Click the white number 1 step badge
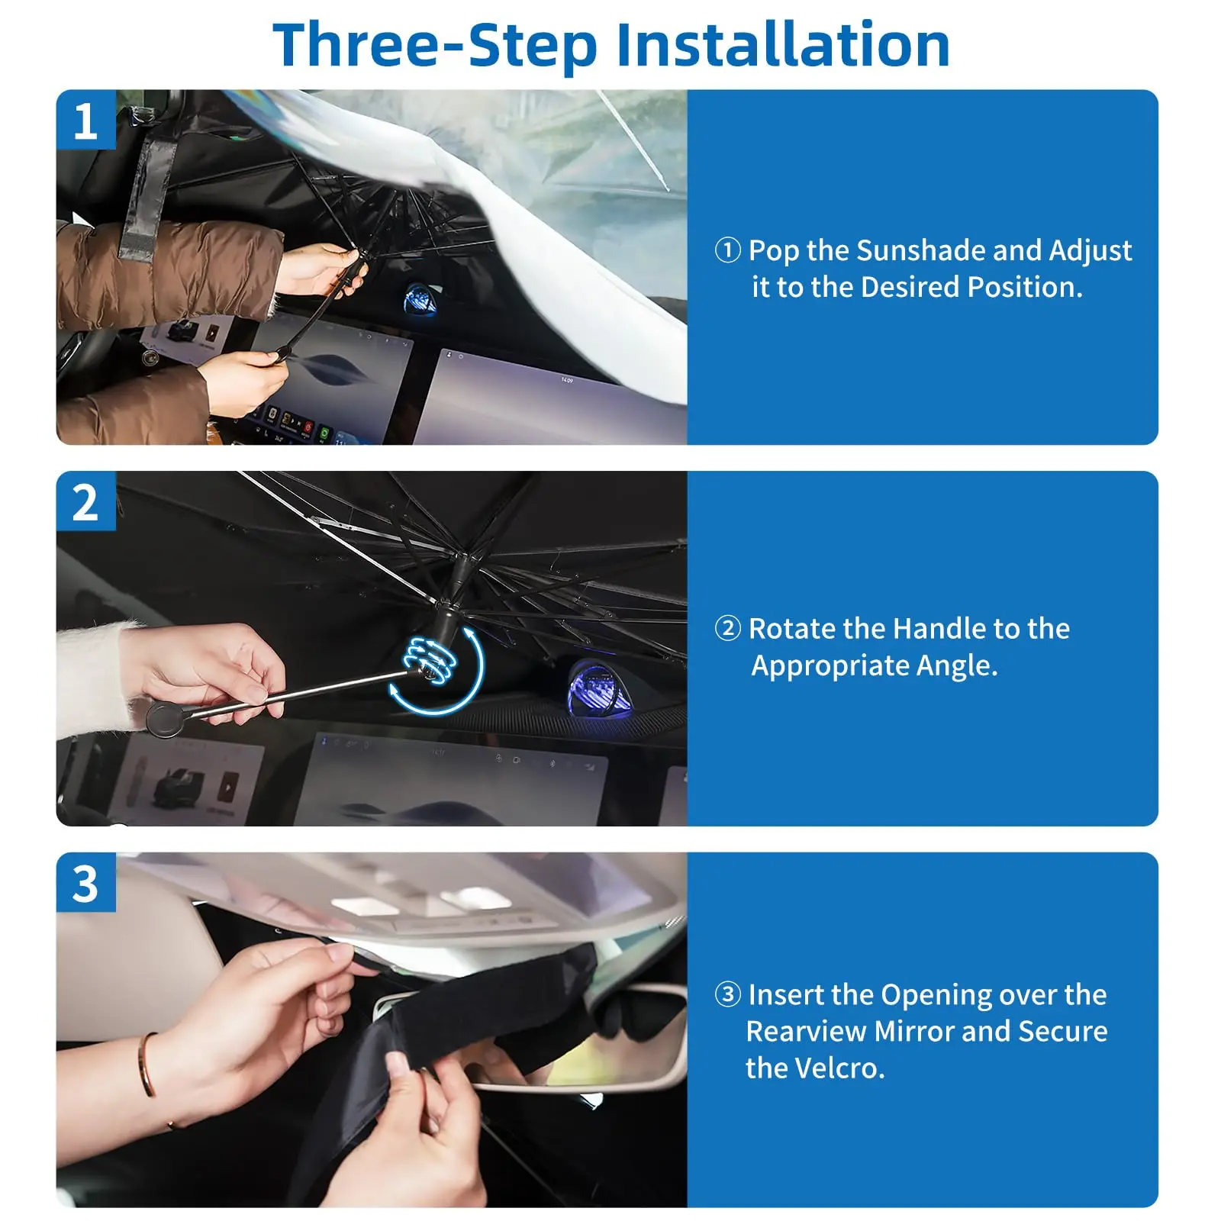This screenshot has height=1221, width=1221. [x=85, y=121]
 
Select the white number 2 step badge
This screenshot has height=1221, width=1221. [x=85, y=502]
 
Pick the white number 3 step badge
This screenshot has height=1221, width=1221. [x=85, y=884]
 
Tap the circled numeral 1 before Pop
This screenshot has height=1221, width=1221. [x=727, y=250]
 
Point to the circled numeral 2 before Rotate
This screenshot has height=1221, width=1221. [x=727, y=629]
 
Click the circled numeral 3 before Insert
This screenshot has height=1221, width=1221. [x=727, y=994]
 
